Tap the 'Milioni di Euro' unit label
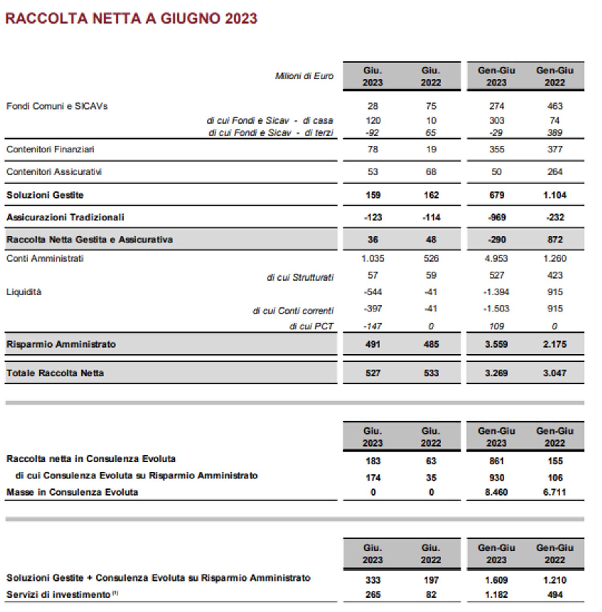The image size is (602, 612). [304, 76]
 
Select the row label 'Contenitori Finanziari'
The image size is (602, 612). [50, 149]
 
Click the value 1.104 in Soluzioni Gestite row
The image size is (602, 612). [555, 195]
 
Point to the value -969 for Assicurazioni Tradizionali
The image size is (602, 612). [496, 217]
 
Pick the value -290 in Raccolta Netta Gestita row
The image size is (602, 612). [496, 240]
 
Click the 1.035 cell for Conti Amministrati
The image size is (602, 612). [372, 258]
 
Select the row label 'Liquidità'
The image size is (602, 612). [24, 292]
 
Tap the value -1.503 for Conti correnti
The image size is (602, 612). [496, 309]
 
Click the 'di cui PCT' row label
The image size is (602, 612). [311, 326]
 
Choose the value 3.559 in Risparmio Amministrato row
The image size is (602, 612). [496, 344]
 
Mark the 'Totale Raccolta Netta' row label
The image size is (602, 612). [55, 373]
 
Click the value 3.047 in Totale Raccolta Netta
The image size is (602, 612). [555, 373]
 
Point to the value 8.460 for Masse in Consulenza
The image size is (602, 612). [496, 492]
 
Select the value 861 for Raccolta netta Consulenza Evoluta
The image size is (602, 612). [496, 461]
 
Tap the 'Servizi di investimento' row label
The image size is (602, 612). [58, 594]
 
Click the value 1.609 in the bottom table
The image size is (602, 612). [496, 580]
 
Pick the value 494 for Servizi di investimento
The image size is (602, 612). [555, 594]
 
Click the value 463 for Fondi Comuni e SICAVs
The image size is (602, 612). [555, 106]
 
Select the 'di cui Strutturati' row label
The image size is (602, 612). [300, 277]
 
